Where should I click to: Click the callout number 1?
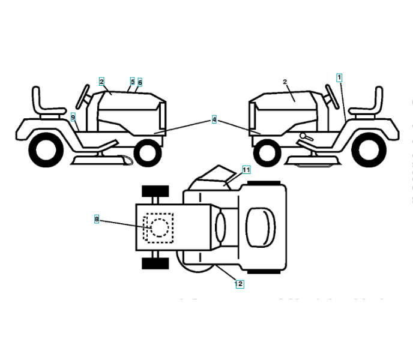pos(339,77)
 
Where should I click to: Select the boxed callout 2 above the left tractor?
pos(102,81)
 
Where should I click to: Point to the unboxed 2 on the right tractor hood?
pos(285,82)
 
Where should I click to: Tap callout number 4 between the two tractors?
pos(214,119)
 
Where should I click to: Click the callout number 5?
pos(132,81)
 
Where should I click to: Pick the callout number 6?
pos(140,82)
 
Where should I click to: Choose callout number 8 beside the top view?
pos(97,220)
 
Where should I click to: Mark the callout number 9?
pos(73,117)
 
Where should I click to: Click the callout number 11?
pos(246,170)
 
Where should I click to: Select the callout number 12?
pos(240,284)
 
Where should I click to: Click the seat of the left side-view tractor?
pos(44,102)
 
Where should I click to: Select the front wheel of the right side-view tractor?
pos(267,152)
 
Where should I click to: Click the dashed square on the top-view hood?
pos(158,227)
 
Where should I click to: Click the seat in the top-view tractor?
pos(260,226)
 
